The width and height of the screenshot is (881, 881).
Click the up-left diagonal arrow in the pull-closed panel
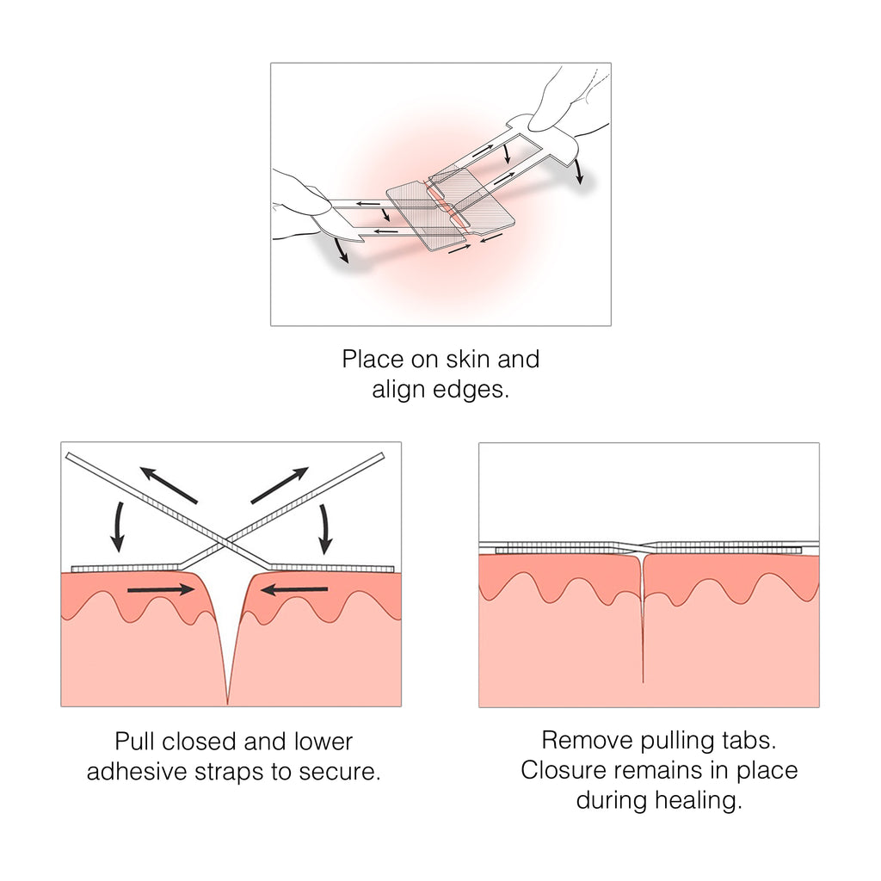169,484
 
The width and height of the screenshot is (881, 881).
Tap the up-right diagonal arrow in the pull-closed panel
279,484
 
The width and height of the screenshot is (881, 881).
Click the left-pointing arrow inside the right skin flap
294,590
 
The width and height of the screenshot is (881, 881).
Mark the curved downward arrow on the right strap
325,527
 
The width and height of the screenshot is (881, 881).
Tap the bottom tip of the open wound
227,701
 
